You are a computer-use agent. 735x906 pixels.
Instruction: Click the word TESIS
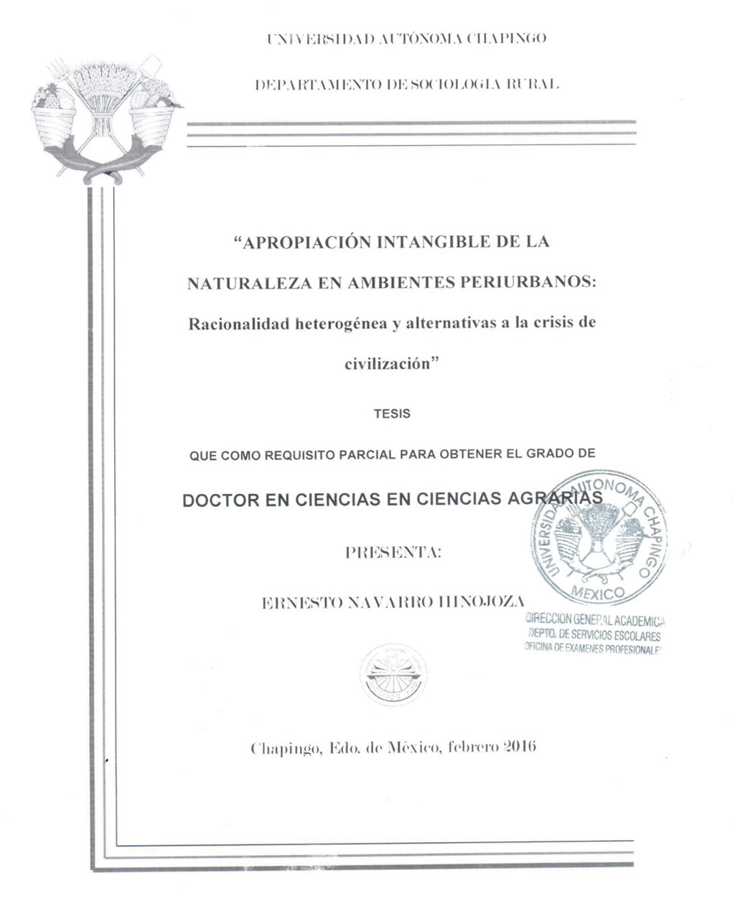coord(393,414)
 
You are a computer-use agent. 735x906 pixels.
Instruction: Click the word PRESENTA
coord(393,553)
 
